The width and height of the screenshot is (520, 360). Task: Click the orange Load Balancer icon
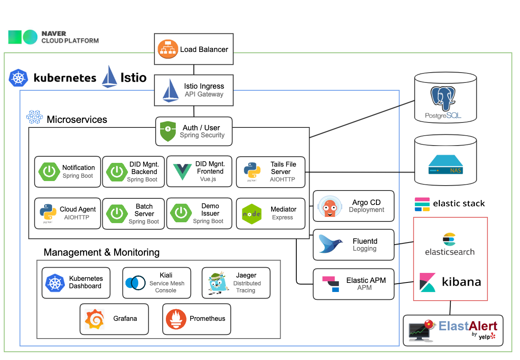pos(168,49)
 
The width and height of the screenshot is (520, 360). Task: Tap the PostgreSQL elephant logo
pos(443,99)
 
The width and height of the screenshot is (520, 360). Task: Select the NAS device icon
pos(446,165)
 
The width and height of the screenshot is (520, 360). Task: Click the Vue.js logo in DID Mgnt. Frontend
pos(182,172)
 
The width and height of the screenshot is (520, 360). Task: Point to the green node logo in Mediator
pos(252,214)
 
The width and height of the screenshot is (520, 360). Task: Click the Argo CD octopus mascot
pos(330,206)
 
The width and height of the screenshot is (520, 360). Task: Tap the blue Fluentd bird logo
pos(330,244)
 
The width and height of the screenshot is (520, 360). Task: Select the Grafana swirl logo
pos(95,319)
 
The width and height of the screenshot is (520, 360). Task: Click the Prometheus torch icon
pos(176,319)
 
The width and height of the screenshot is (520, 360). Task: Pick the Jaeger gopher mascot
pos(218,283)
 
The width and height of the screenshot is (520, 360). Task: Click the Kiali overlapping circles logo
pos(135,283)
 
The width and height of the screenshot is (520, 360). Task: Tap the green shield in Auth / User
pos(168,131)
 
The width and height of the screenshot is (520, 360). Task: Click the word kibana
pos(461,282)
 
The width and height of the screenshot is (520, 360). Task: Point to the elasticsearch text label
pos(450,252)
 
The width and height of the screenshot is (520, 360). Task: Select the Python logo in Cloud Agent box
pos(48,212)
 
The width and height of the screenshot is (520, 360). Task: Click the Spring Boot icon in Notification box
pos(49,172)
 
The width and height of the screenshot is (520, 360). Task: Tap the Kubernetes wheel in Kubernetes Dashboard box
pos(55,283)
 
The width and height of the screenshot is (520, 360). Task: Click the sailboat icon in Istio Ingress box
pos(170,90)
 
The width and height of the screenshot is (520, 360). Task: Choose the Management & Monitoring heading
pos(102,252)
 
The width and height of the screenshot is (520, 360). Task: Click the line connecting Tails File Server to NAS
pos(360,172)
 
